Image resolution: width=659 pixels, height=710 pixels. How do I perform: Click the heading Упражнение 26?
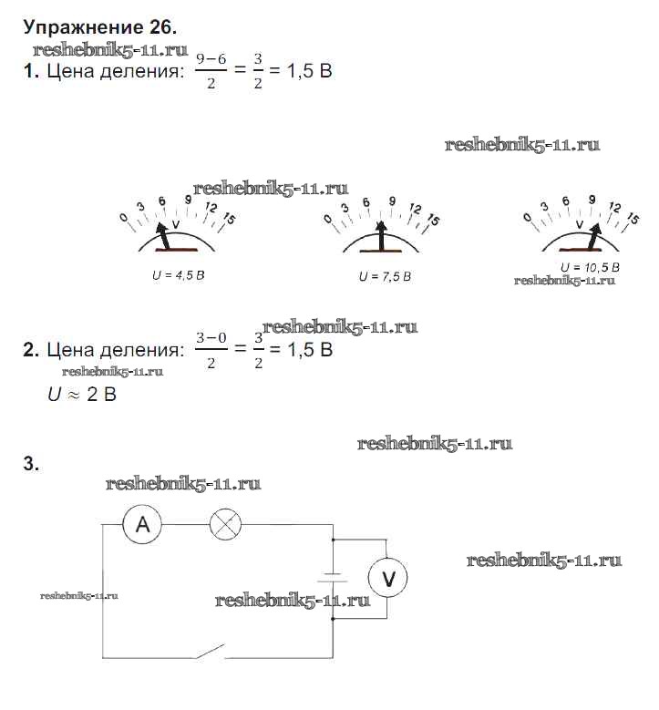point(93,27)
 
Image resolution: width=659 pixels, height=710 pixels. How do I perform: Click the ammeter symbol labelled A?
point(142,524)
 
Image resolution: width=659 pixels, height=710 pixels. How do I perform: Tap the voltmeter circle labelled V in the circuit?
point(387,578)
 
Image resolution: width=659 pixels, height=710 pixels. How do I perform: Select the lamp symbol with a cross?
point(224,524)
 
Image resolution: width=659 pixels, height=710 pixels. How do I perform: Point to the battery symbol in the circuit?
point(334,578)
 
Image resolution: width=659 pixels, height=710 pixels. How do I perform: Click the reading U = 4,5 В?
point(178,274)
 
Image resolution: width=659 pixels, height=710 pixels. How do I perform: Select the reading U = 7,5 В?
point(385,276)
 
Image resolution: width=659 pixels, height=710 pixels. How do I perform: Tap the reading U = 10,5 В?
point(590,267)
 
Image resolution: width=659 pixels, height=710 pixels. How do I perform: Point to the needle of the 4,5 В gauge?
point(165,234)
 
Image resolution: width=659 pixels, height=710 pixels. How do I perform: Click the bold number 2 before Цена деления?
point(30,350)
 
